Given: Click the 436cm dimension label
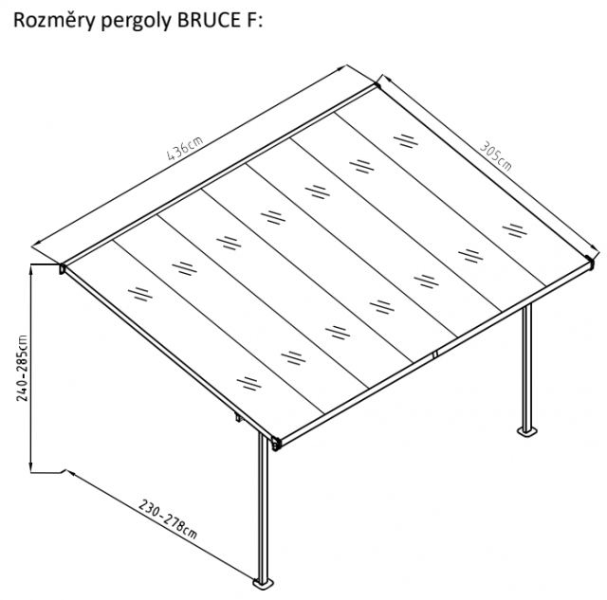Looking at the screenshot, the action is (x=185, y=148).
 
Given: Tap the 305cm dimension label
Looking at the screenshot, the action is (x=496, y=155).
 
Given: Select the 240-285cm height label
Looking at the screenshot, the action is (x=23, y=368).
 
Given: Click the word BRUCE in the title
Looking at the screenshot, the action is (x=208, y=20).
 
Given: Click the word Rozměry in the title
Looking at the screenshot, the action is (x=54, y=21).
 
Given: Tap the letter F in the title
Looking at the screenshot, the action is (x=248, y=21).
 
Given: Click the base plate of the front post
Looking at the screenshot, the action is (x=264, y=584).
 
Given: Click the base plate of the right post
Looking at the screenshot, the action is (x=527, y=431).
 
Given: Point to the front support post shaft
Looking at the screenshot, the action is (x=264, y=506).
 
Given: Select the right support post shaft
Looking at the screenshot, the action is (x=527, y=367).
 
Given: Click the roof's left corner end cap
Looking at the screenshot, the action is (x=62, y=268).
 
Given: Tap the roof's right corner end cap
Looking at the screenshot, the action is (x=589, y=263).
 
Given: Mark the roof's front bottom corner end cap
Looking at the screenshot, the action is (x=276, y=444).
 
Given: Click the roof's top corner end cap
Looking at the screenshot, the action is (x=377, y=84).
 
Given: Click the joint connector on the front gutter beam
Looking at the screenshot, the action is (x=434, y=354).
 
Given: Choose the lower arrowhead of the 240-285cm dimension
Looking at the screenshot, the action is (x=31, y=467).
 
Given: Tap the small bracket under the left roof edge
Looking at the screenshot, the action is (x=236, y=418).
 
